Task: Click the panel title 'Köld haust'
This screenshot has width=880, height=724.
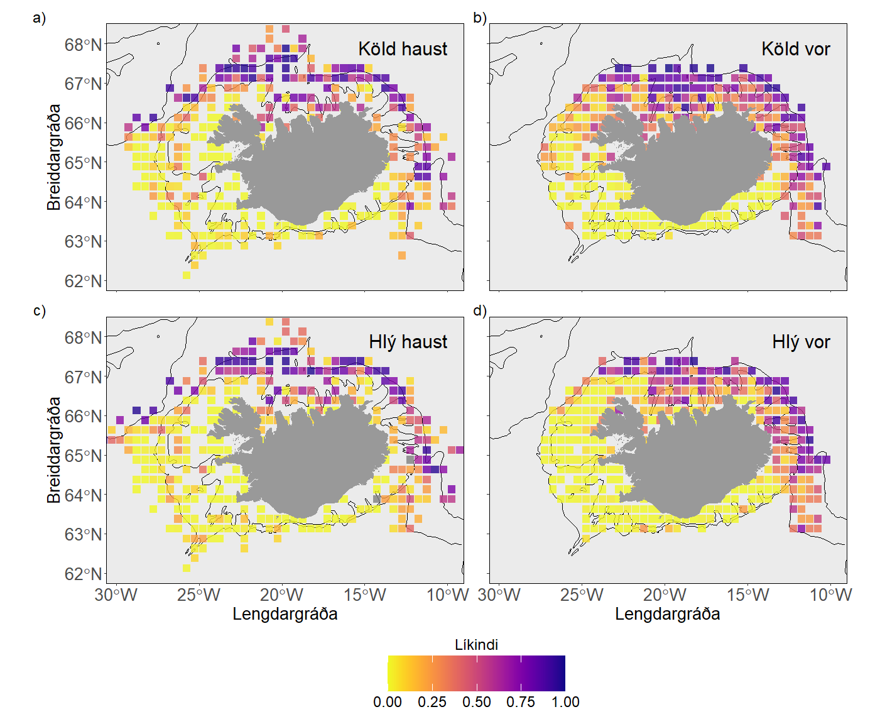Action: tap(403, 49)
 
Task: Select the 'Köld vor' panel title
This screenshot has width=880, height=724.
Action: tap(795, 49)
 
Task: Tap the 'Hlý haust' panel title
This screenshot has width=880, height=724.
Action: tap(408, 342)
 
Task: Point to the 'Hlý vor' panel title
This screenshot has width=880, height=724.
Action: tap(801, 342)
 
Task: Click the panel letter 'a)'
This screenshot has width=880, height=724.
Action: tap(40, 18)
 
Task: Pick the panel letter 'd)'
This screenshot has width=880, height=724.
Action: tap(480, 311)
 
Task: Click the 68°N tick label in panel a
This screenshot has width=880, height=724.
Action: tap(83, 45)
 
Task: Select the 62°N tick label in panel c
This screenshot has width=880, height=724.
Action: tap(83, 574)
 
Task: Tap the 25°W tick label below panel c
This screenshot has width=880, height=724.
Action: tap(198, 595)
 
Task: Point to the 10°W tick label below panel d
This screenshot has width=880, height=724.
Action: tap(830, 595)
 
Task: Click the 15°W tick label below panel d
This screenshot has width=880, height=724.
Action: tap(747, 595)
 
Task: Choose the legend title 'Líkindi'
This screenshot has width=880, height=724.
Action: tap(476, 645)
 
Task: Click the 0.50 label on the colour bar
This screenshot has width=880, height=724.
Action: tap(476, 702)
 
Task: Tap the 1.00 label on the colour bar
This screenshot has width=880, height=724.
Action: tap(565, 702)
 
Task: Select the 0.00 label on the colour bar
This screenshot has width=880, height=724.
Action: tap(388, 702)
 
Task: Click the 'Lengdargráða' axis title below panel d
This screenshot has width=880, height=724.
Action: tap(667, 614)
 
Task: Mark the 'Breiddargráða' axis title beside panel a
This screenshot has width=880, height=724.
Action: tap(54, 157)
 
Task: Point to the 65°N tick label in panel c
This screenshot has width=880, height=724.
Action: tap(83, 456)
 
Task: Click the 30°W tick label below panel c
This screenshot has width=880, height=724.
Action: tap(116, 595)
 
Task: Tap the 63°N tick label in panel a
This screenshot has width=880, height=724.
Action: tap(83, 242)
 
